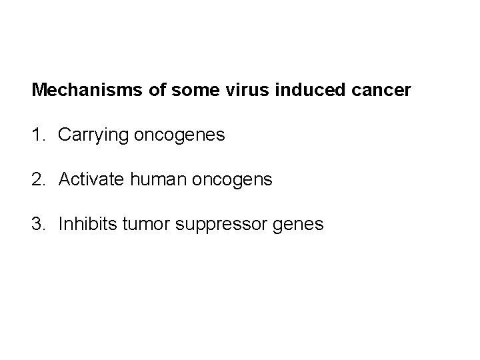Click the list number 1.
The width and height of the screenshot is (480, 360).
pyautogui.click(x=37, y=135)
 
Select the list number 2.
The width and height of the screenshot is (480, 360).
pyautogui.click(x=37, y=180)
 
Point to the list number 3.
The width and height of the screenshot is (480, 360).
pyautogui.click(x=37, y=225)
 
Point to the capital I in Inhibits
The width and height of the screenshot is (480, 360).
pyautogui.click(x=61, y=225)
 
